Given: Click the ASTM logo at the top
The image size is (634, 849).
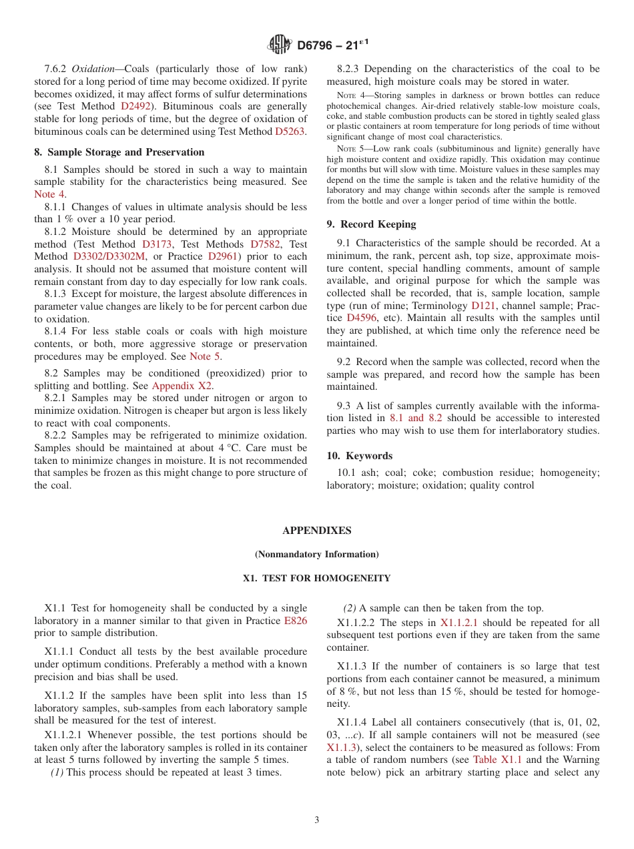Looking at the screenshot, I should (x=279, y=45).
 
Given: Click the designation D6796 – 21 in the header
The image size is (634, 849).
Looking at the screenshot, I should (x=332, y=45).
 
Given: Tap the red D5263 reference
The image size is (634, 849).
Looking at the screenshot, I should (x=290, y=131).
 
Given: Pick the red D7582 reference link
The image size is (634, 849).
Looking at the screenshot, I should (x=265, y=244).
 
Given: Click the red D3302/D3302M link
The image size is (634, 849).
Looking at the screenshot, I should (x=109, y=256).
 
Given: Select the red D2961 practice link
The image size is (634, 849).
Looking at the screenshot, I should (x=223, y=256).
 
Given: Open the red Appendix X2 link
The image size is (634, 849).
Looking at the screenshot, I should (x=182, y=386).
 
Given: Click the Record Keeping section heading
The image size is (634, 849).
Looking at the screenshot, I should (x=371, y=224).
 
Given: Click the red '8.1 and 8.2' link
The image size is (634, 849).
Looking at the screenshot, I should (x=415, y=418).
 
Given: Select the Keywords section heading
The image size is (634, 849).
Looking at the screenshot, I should (x=360, y=456).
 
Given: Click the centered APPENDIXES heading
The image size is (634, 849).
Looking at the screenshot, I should (x=316, y=531).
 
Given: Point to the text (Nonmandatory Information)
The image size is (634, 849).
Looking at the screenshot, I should (x=316, y=554).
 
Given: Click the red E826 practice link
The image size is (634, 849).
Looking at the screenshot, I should (x=296, y=621).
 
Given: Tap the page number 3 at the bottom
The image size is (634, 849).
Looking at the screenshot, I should (x=317, y=820).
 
